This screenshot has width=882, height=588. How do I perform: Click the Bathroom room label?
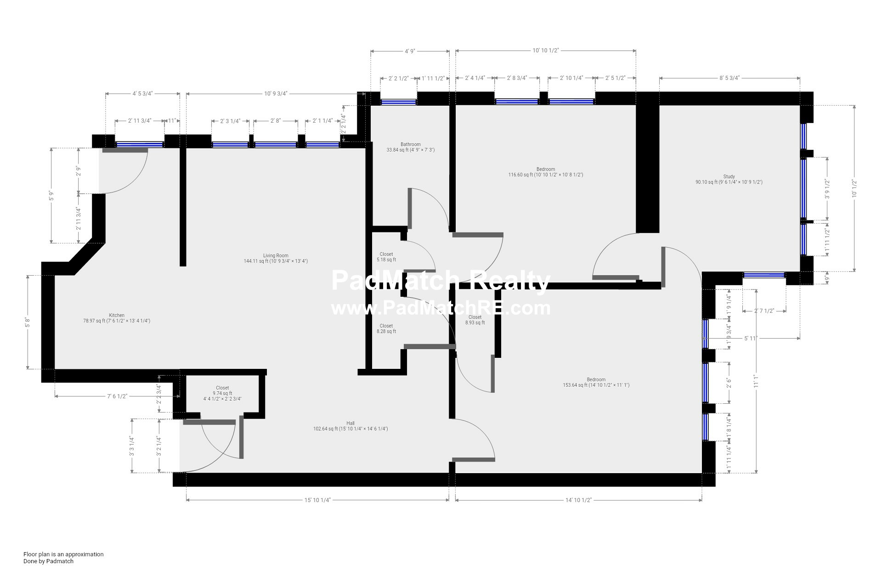tap(410, 147)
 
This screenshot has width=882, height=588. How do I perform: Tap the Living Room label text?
tap(276, 258)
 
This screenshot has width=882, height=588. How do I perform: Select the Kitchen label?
tap(117, 318)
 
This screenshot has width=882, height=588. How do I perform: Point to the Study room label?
tap(729, 179)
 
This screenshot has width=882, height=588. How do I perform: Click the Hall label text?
tap(351, 426)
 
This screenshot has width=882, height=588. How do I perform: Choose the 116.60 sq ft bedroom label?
tap(546, 172)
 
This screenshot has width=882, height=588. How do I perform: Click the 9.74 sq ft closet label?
tap(222, 393)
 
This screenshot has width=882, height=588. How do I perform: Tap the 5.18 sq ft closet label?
tap(386, 257)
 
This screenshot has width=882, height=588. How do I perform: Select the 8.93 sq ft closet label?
tap(475, 320)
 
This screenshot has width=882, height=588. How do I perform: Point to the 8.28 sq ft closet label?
tap(386, 328)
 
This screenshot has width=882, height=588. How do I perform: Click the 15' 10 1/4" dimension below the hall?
tap(317, 500)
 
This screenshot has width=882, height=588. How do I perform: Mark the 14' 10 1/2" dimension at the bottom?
tap(578, 500)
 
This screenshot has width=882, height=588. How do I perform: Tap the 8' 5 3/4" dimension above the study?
tap(729, 78)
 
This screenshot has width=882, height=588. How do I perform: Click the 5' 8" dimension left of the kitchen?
tap(28, 322)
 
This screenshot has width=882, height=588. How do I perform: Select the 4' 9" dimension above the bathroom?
tap(410, 51)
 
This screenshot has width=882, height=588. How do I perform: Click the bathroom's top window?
tap(399, 102)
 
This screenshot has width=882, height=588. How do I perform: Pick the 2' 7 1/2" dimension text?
tap(764, 311)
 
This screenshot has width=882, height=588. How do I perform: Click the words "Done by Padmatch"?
tap(48, 561)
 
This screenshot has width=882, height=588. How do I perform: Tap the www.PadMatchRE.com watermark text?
tap(441, 308)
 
